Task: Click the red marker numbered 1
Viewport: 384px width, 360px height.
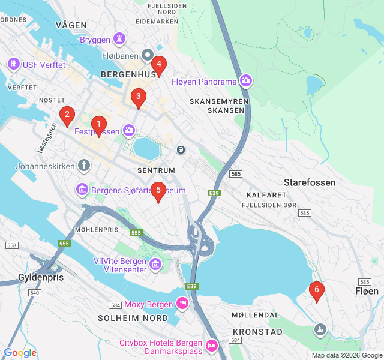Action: coord(99,124)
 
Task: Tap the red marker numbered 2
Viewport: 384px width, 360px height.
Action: coord(67,115)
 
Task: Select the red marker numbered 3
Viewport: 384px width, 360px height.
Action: coord(139,96)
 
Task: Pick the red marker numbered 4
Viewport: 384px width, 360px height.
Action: coord(158,64)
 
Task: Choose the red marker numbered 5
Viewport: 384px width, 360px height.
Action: coord(158,190)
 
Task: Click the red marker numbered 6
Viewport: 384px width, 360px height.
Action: coord(317,290)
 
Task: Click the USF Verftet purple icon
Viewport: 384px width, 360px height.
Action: coord(13,64)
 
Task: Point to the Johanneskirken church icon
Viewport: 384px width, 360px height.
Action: coord(84,166)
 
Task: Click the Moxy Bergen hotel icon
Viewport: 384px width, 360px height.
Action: coord(182,304)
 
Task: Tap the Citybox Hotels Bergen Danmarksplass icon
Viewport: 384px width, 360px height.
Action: coord(211,346)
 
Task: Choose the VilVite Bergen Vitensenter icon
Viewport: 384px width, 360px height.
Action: coord(155,265)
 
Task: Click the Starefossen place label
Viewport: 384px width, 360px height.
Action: coord(309,182)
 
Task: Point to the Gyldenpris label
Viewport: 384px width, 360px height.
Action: coord(41,278)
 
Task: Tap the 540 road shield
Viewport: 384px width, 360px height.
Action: coord(34,292)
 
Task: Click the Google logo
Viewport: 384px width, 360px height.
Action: coord(20,353)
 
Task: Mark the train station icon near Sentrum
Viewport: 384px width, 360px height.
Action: coord(180,149)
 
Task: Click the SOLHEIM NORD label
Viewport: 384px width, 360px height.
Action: coord(133,317)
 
